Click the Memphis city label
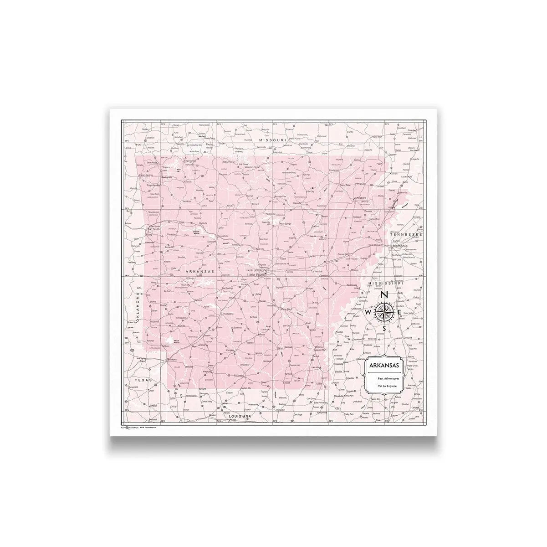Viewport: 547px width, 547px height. [x=400, y=246]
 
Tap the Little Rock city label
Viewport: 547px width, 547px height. [x=256, y=275]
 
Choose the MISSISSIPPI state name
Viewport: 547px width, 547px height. [x=386, y=283]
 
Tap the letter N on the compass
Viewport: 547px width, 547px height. [x=384, y=295]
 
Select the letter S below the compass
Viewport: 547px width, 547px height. [x=384, y=328]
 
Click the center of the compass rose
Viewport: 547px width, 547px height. [x=384, y=312]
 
